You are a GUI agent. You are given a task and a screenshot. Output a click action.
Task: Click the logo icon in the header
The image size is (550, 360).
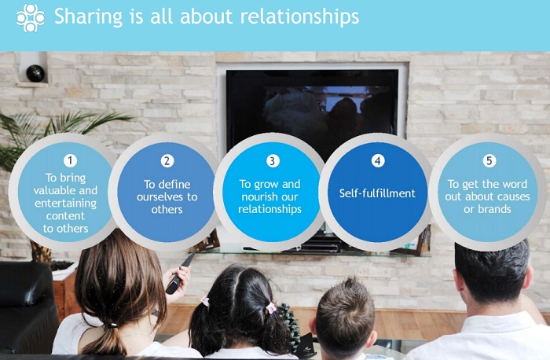(30, 17)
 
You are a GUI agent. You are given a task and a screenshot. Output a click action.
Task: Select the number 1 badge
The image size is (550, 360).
(71, 160)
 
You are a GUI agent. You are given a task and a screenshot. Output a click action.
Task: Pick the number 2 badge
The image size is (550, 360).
(167, 160)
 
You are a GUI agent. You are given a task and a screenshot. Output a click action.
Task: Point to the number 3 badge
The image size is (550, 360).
(272, 160)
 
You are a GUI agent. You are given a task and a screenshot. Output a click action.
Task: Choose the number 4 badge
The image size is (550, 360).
(378, 160)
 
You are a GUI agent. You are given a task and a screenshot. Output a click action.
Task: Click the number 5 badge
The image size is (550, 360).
(489, 160)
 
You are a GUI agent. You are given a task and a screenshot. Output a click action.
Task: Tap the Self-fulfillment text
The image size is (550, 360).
(378, 192)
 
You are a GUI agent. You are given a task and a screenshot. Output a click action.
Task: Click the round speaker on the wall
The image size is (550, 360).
(35, 73)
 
